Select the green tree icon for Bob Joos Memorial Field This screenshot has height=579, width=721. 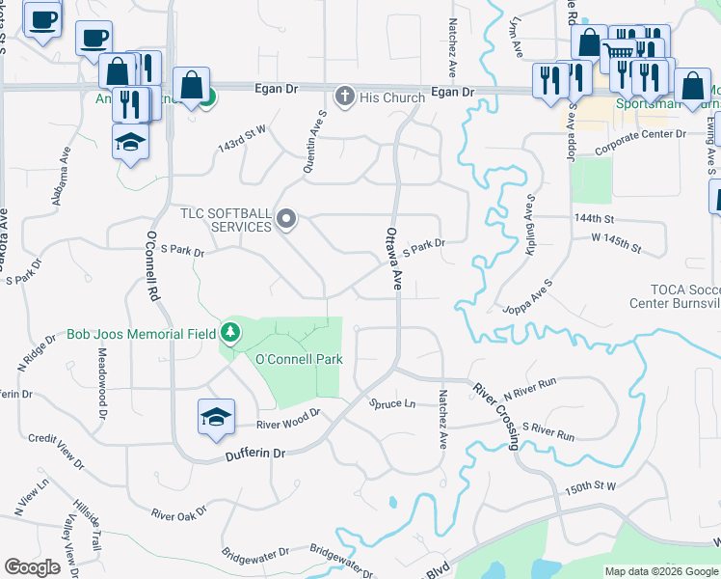pos(229,334)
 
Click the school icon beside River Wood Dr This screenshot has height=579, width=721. pos(216,416)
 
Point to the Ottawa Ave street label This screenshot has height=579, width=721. pos(393,259)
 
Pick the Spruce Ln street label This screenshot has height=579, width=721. pos(392,403)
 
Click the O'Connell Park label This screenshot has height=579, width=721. pos(299,360)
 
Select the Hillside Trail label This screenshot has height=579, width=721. pos(87,525)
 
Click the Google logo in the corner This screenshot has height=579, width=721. pos(32,567)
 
